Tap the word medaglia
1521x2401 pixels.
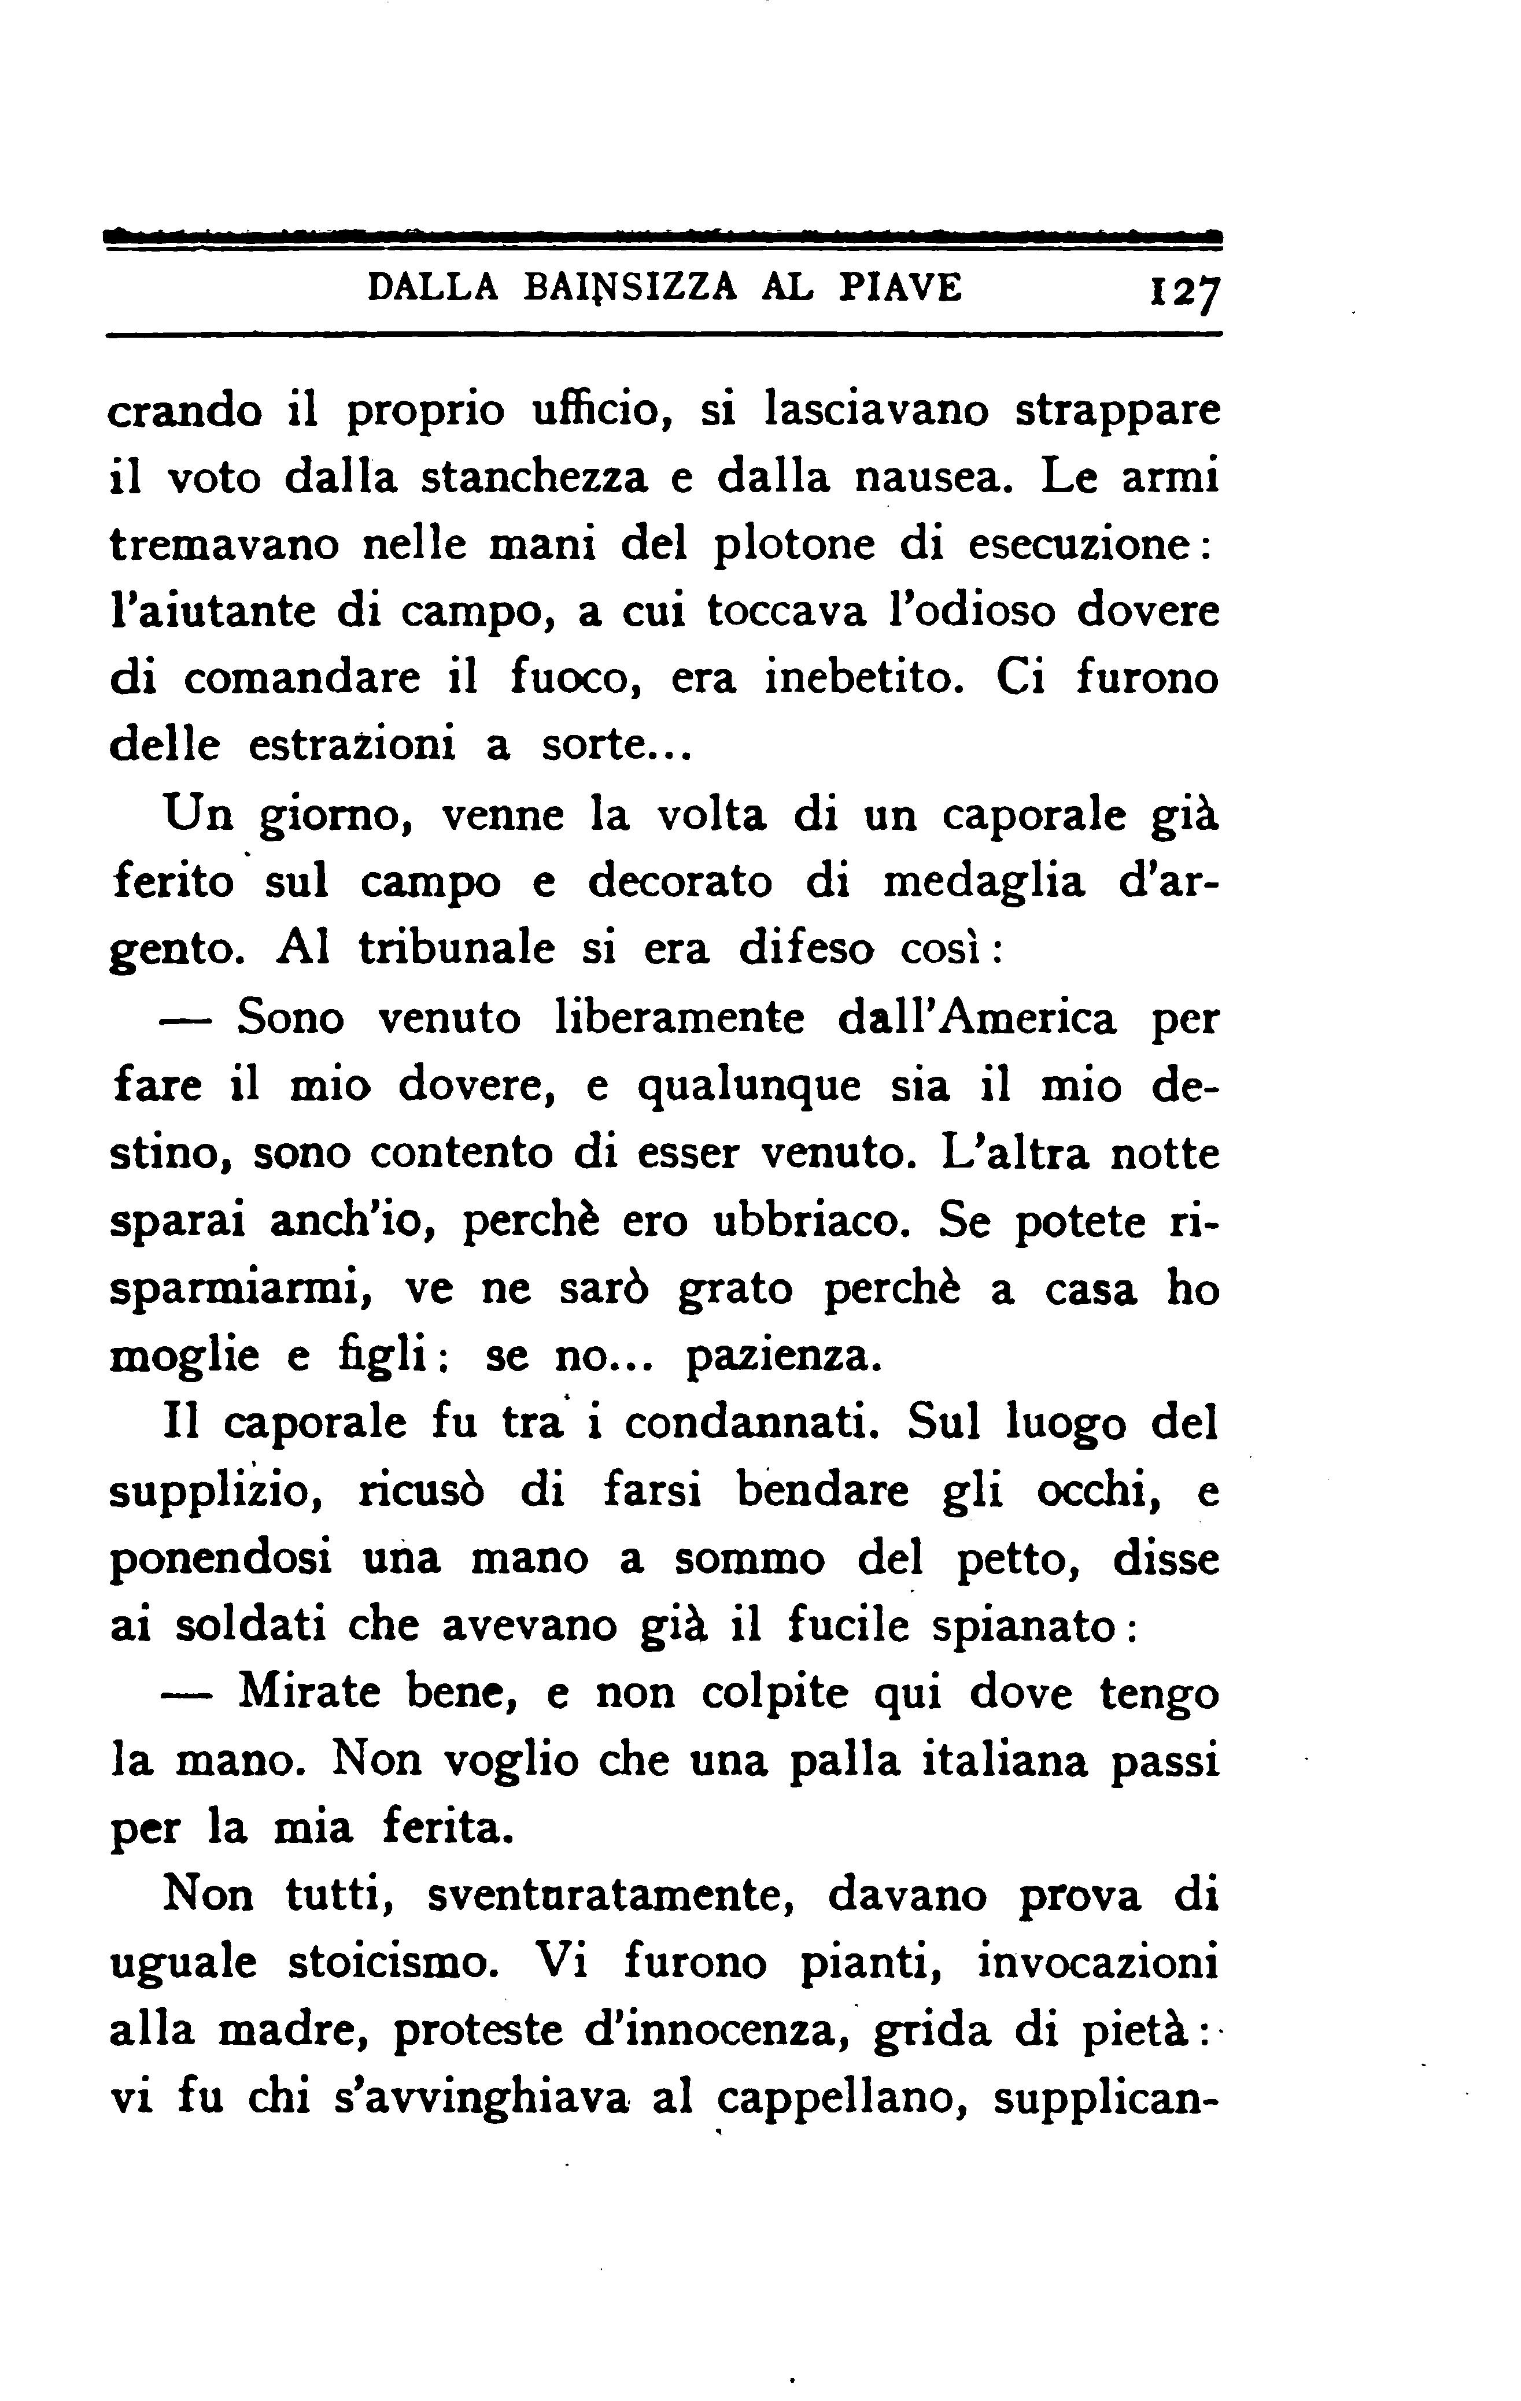[x=983, y=882]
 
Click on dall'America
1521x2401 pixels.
[x=977, y=1018]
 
